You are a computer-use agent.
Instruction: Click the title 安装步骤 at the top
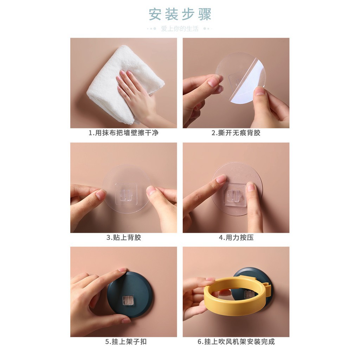coord(180,14)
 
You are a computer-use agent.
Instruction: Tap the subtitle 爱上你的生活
coord(180,29)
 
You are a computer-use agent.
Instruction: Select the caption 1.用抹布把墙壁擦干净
coord(123,133)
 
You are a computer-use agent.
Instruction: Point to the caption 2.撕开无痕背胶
coord(236,133)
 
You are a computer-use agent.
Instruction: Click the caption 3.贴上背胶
coord(123,238)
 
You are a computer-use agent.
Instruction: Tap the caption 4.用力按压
coord(236,238)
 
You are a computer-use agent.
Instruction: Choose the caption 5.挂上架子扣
coord(123,342)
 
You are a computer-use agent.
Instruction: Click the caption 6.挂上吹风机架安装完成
coord(236,342)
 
